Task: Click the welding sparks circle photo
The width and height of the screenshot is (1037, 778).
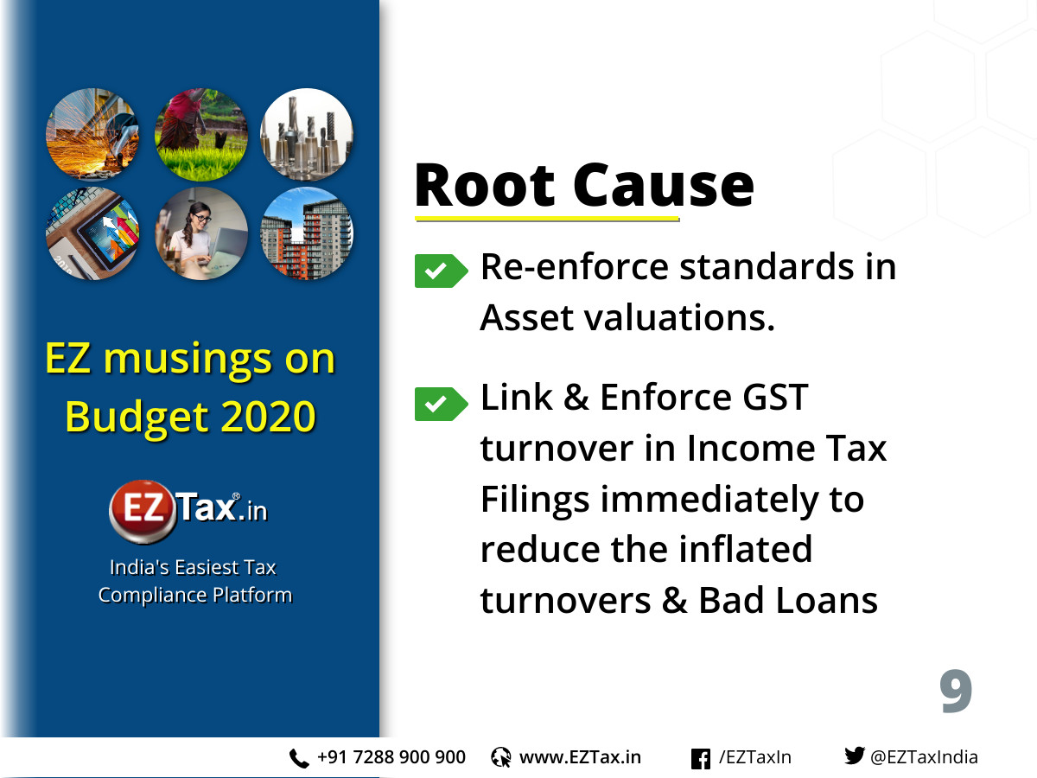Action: click(x=92, y=135)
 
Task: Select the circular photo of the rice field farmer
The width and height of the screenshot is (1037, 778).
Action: click(x=201, y=135)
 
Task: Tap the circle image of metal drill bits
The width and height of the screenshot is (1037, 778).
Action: click(x=307, y=135)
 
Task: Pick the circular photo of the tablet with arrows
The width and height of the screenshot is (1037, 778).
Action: click(x=92, y=233)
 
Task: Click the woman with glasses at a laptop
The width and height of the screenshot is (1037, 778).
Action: click(x=201, y=233)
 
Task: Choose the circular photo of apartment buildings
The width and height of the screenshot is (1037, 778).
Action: click(x=307, y=233)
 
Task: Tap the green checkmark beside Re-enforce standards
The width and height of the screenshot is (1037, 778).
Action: click(x=441, y=271)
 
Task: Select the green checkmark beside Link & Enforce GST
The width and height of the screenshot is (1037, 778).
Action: click(x=441, y=404)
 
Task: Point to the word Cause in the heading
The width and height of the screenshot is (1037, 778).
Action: click(x=664, y=185)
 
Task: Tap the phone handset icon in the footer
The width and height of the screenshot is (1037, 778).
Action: click(x=299, y=759)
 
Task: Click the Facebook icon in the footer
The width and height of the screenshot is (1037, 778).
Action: click(x=700, y=759)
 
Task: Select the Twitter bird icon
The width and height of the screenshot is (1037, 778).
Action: click(x=854, y=756)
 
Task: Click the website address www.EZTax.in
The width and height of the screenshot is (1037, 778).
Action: click(x=580, y=757)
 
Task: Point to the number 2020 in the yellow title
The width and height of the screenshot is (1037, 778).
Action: click(x=268, y=417)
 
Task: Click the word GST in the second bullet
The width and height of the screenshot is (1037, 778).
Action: click(x=775, y=398)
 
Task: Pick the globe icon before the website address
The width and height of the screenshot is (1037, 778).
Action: click(x=500, y=757)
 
